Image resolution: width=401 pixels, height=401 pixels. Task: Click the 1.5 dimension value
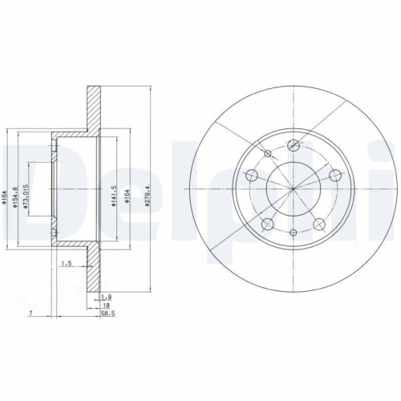pos(66,262)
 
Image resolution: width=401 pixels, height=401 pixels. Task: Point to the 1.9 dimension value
pos(107,297)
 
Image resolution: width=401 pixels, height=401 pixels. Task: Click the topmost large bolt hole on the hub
pos(294,145)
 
